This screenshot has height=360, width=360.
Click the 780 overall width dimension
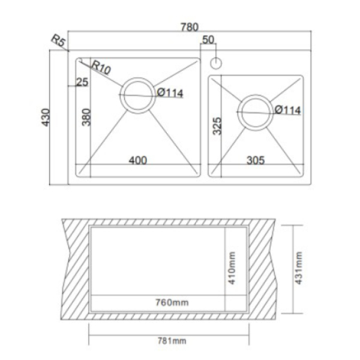190,27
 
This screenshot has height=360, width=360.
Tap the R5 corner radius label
58,40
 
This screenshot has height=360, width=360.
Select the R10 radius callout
101,67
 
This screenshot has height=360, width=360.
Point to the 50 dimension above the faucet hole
208,40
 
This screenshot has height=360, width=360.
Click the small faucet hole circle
216,63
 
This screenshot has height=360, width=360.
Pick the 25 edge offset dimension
82,82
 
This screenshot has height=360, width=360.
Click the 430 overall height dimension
46,118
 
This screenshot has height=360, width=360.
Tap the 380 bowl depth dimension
86,118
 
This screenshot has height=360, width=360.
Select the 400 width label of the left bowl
138,160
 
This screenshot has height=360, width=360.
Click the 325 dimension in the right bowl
217,126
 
